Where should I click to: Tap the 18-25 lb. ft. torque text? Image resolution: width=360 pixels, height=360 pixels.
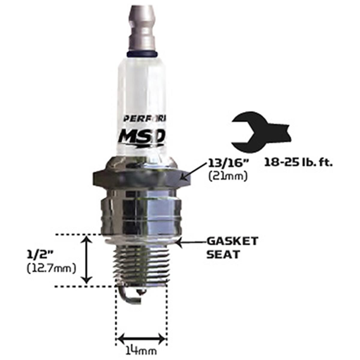[x=298, y=164]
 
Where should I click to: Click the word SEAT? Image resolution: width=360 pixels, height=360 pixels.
[x=223, y=254]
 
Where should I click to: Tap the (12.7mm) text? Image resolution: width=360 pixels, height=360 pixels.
[x=50, y=268]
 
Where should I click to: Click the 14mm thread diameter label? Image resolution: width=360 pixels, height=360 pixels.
[x=141, y=350]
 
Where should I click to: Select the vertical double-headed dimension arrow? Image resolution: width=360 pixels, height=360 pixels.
[x=87, y=259]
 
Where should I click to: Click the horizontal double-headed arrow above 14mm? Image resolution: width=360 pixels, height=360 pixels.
[x=141, y=339]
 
